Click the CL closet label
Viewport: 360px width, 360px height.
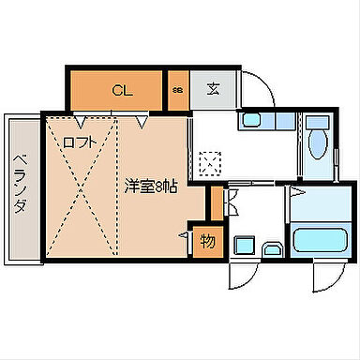click(121, 91)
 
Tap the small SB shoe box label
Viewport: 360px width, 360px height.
click(177, 91)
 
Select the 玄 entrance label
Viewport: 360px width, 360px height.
click(213, 91)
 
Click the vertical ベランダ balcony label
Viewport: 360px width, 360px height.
click(19, 186)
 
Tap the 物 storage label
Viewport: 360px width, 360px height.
click(208, 241)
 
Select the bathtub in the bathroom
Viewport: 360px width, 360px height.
click(320, 238)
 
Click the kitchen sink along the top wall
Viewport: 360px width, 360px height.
click(250, 121)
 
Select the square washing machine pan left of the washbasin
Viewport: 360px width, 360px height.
click(244, 247)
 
